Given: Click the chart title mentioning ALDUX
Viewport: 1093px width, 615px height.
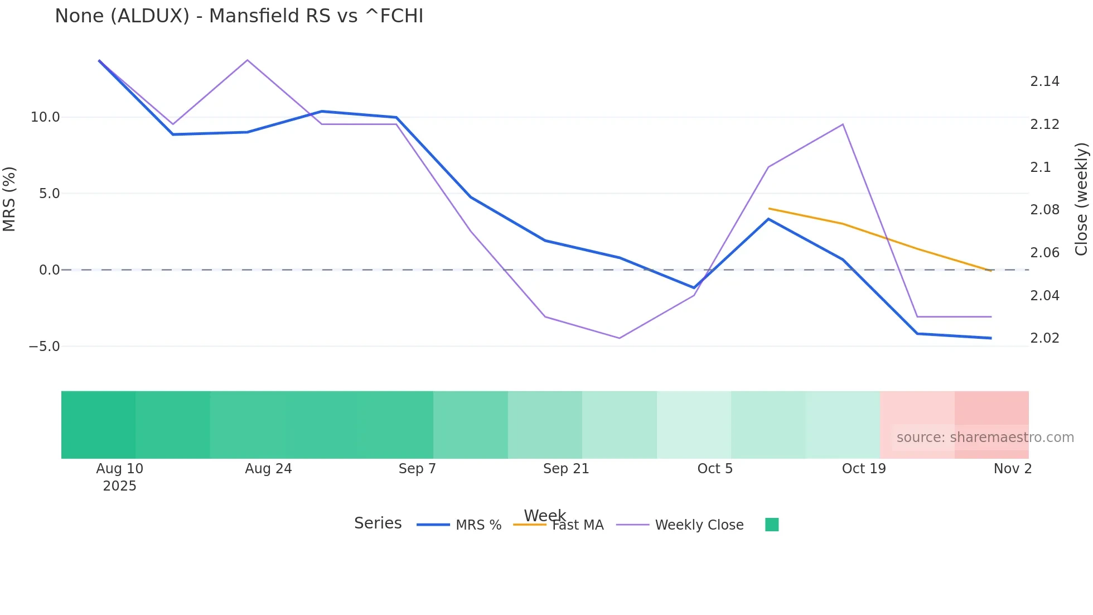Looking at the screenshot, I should (x=239, y=16).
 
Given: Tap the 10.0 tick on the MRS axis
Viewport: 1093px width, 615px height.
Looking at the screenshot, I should (x=45, y=117).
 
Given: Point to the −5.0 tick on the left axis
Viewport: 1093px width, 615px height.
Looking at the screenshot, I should (x=44, y=347).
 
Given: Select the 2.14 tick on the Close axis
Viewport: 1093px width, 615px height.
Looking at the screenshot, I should (x=1044, y=81).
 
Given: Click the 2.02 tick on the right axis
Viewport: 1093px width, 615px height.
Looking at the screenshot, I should (x=1044, y=338).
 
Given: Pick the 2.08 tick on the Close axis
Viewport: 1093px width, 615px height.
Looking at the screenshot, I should (x=1044, y=210).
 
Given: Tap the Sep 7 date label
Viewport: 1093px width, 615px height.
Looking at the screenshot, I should (x=417, y=469).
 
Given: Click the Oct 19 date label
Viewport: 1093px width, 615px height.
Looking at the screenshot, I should (x=864, y=469).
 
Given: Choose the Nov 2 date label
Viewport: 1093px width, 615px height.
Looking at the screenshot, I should (x=1013, y=469).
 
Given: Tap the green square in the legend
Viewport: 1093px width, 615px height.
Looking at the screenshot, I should (x=772, y=525).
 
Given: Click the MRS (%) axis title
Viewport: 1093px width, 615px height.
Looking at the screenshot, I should (x=9, y=199).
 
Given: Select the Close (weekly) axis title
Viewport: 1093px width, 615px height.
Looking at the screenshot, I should (x=1082, y=199).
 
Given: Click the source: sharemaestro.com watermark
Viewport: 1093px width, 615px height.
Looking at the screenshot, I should (x=985, y=438).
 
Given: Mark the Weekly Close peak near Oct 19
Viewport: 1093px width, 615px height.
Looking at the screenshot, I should (x=843, y=124).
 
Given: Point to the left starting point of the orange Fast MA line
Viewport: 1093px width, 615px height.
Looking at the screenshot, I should (x=769, y=209).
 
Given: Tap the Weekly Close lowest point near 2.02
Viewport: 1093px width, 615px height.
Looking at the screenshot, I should (x=620, y=338).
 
